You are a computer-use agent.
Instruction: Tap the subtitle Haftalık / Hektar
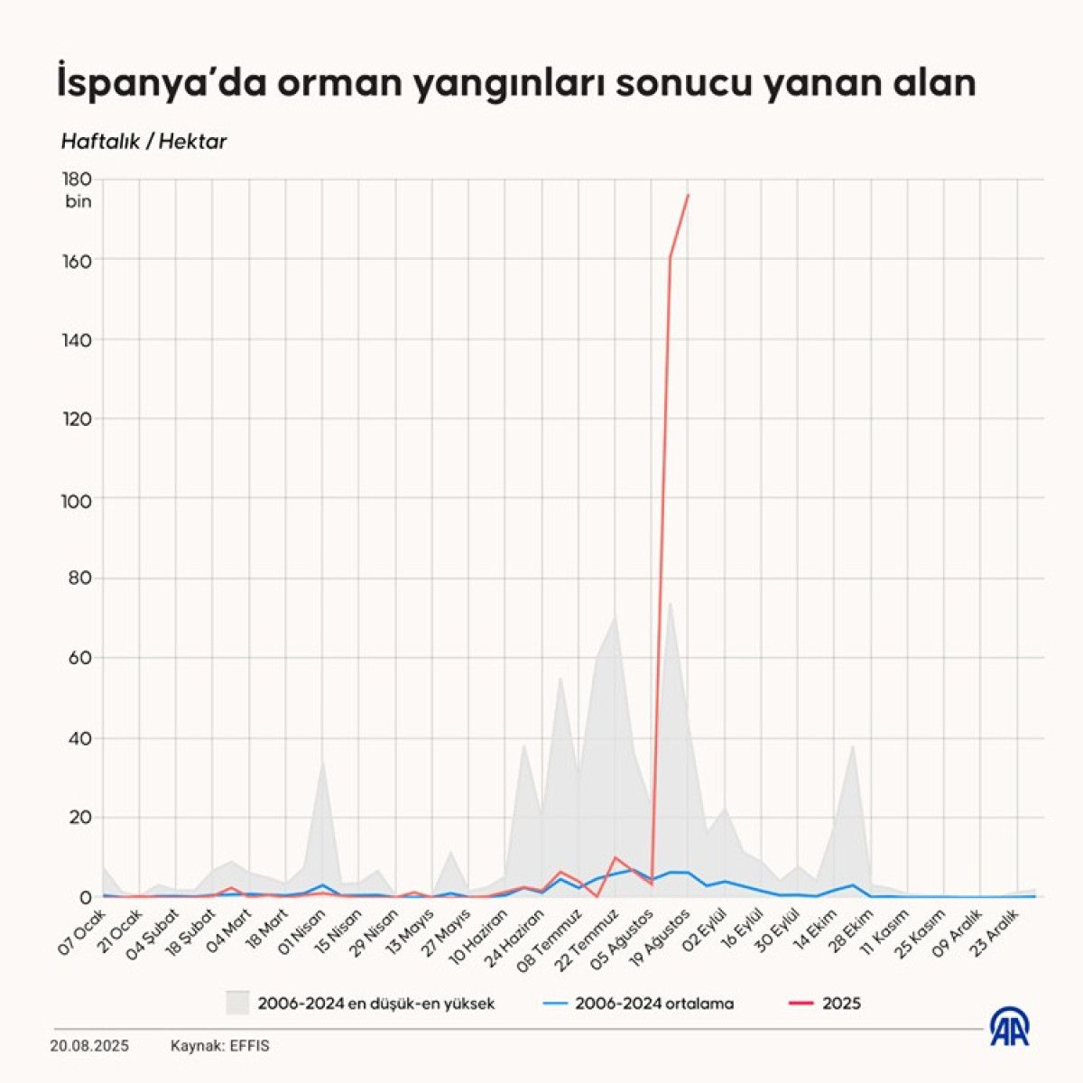(143, 142)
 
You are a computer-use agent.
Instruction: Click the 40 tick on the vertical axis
(79, 738)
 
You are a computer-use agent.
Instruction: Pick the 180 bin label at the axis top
(78, 190)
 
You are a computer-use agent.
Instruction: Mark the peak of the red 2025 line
(689, 194)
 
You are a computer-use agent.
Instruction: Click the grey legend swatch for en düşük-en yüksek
(237, 1003)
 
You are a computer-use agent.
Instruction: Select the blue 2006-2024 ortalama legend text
(654, 1003)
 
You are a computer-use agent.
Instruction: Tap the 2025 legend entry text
(841, 1003)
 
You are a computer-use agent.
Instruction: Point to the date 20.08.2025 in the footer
(89, 1046)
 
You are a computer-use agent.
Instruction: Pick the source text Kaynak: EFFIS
(219, 1046)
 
